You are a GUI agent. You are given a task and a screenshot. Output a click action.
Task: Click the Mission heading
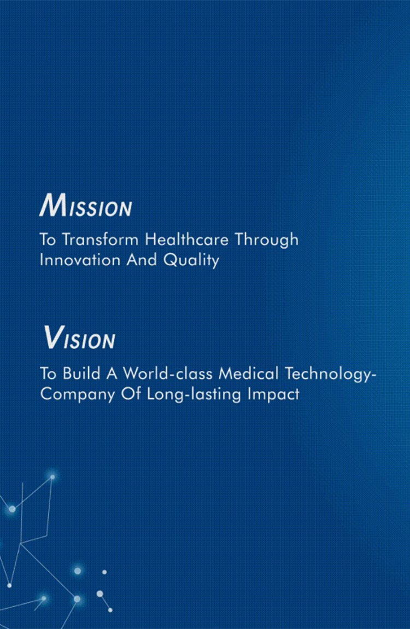pyautogui.click(x=85, y=206)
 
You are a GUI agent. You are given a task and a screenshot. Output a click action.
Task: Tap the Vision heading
pyautogui.click(x=79, y=337)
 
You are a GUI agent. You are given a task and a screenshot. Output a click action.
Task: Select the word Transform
pyautogui.click(x=100, y=240)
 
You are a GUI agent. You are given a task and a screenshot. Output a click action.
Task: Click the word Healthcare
pyautogui.click(x=186, y=240)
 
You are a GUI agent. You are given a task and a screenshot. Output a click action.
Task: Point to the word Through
pyautogui.click(x=267, y=240)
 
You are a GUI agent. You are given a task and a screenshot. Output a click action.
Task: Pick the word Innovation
pyautogui.click(x=80, y=260)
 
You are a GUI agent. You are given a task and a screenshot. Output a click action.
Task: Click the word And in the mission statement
pyautogui.click(x=142, y=260)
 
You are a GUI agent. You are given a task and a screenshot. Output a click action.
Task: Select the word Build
pyautogui.click(x=81, y=373)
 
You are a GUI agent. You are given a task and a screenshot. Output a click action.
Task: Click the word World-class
pyautogui.click(x=167, y=373)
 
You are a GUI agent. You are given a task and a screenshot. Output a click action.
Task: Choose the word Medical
pyautogui.click(x=248, y=373)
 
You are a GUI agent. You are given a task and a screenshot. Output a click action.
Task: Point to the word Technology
pyautogui.click(x=329, y=374)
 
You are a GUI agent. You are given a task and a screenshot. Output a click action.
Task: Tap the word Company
pyautogui.click(x=78, y=394)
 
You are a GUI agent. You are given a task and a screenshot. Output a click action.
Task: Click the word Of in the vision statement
pyautogui.click(x=131, y=393)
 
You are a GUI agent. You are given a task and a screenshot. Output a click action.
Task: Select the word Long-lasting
pyautogui.click(x=194, y=394)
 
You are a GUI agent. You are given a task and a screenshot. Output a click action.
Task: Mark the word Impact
pyautogui.click(x=273, y=394)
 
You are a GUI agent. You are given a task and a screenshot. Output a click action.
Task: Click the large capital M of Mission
pyautogui.click(x=54, y=206)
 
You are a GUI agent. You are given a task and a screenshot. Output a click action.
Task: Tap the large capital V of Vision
pyautogui.click(x=53, y=337)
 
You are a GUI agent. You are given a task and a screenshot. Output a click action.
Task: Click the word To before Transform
pyautogui.click(x=48, y=240)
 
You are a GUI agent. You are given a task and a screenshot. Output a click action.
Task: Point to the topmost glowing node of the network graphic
pyautogui.click(x=52, y=476)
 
